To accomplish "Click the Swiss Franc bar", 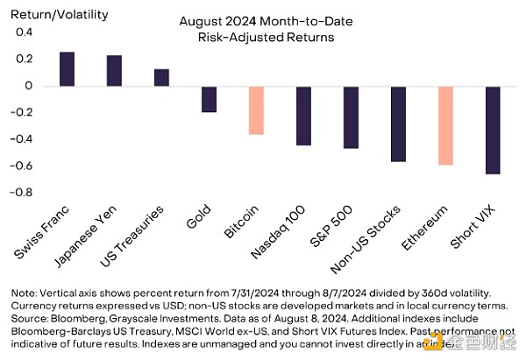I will point(67,69).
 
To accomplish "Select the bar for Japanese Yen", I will point(114,71).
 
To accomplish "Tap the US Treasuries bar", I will point(161,78).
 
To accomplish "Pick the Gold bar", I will point(209,99).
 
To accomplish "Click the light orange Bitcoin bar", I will point(256,110).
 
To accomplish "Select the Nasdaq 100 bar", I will point(303,116).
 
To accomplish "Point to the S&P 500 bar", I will point(351,117).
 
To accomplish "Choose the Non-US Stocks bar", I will point(398,124).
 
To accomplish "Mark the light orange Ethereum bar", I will point(445,125).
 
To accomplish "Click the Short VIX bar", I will point(493,131).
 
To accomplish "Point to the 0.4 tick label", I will point(23,32).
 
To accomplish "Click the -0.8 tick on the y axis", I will point(21,193).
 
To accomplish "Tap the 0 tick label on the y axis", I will point(28,86).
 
